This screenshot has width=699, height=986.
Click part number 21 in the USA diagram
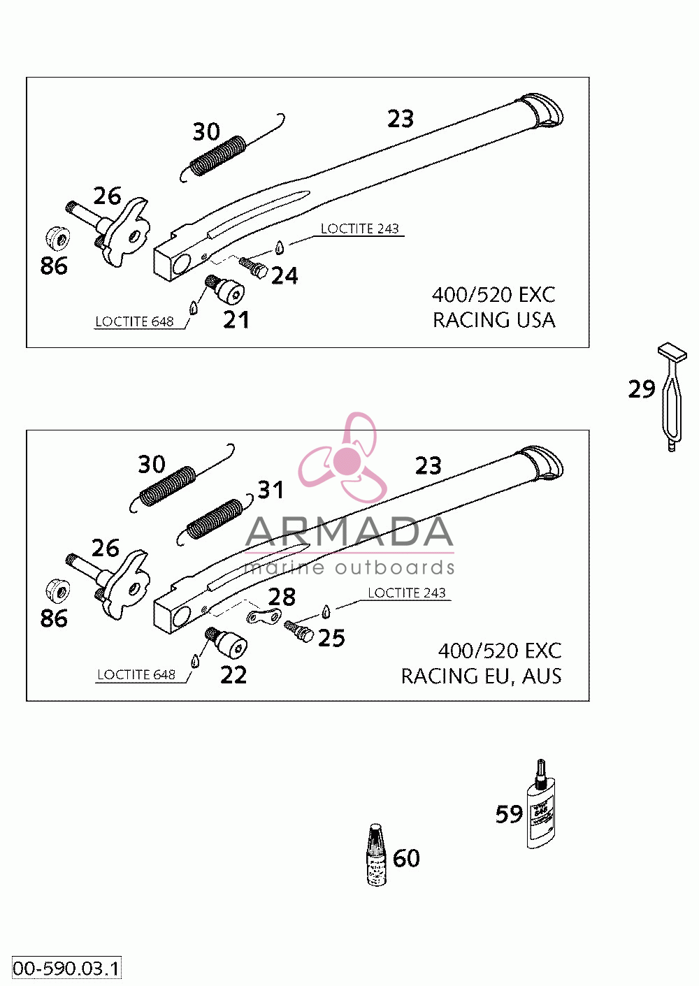click(x=236, y=320)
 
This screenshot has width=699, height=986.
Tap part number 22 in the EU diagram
click(x=233, y=675)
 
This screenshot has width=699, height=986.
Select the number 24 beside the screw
click(x=284, y=276)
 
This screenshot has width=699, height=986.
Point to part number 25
click(x=331, y=638)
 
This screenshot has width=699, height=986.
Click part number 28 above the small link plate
click(x=282, y=597)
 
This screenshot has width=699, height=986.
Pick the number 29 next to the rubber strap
click(x=642, y=389)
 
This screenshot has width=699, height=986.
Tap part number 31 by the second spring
click(x=271, y=489)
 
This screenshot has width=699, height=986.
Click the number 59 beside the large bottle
click(x=510, y=814)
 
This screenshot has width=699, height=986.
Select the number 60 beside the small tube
click(x=406, y=858)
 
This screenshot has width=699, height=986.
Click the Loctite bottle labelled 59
click(x=541, y=805)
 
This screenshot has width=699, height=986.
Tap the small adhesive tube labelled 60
click(x=377, y=855)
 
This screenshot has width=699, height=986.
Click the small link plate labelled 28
click(x=264, y=616)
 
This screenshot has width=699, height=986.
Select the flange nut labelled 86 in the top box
click(x=58, y=238)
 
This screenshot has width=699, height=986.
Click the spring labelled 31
click(x=215, y=521)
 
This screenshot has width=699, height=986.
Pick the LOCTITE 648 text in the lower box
click(x=136, y=675)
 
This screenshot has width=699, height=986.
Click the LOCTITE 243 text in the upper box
click(x=359, y=229)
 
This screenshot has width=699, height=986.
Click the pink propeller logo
click(x=343, y=457)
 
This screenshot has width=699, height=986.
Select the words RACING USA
click(x=494, y=320)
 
